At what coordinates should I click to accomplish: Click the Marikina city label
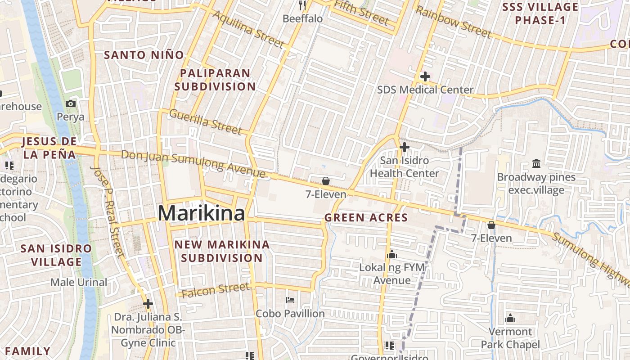[x=201, y=213]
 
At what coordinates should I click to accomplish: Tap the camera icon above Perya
[x=71, y=104]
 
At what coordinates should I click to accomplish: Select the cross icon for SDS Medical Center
[x=425, y=76]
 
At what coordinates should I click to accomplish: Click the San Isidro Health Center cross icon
[x=404, y=147]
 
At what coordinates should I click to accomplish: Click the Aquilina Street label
[x=248, y=29]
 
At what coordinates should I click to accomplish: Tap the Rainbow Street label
[x=453, y=22]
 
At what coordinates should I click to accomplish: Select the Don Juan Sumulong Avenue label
[x=193, y=163]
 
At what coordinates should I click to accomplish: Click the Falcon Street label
[x=216, y=290]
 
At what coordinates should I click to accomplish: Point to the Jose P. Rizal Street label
[x=107, y=211]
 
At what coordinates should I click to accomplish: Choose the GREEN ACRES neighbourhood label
[x=366, y=218]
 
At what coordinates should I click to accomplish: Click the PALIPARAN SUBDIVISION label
[x=215, y=80]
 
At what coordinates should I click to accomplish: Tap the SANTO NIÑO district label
[x=144, y=55]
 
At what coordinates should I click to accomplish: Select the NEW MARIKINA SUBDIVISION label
[x=222, y=251]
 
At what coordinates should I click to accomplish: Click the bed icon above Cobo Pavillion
[x=290, y=300]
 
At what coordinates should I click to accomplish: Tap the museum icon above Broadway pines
[x=536, y=163]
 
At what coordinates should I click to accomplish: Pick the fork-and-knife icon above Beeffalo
[x=302, y=5]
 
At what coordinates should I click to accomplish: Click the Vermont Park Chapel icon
[x=510, y=318]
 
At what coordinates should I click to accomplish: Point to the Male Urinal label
[x=79, y=283]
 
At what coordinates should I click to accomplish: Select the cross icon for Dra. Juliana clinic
[x=148, y=304]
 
